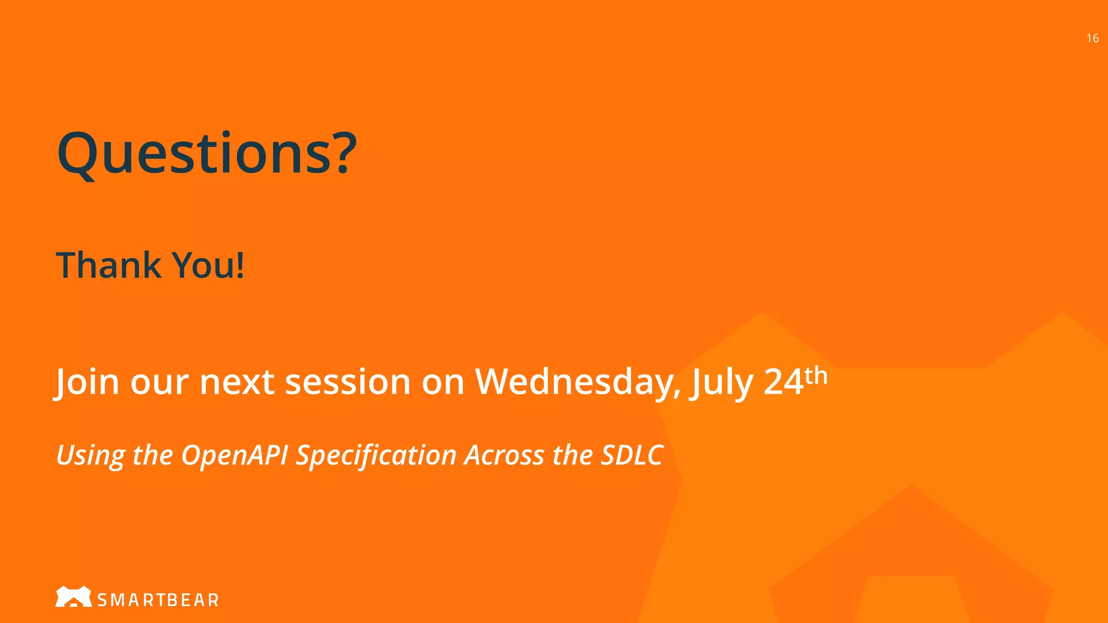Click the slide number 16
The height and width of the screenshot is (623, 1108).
1092,38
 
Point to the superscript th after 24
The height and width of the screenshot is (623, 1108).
816,375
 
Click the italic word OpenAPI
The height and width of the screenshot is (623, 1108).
234,455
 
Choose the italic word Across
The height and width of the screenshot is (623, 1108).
504,455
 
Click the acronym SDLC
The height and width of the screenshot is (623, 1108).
632,455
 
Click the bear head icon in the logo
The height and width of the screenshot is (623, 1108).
73,597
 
